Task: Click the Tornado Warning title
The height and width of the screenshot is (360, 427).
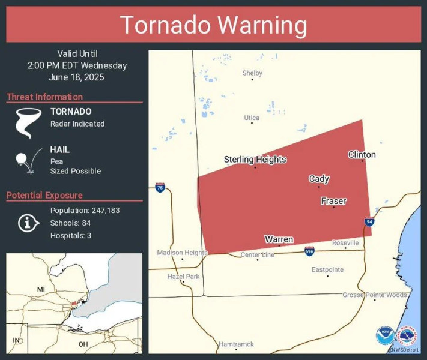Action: coord(213,25)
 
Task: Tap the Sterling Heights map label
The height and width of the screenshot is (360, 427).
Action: coord(255,160)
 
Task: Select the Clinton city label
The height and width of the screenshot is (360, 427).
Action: coord(362,155)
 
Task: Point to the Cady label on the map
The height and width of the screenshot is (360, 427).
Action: coord(318,179)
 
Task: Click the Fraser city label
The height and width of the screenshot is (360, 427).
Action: coord(333,201)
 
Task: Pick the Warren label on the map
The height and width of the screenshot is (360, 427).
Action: coord(279,239)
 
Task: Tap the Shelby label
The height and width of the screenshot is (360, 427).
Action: coord(252,73)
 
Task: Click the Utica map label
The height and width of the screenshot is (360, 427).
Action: coord(252,118)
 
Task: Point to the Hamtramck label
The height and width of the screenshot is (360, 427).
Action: coord(236,344)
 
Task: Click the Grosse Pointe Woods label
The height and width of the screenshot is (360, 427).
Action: coord(375,295)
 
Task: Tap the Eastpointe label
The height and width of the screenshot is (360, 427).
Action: coord(327,270)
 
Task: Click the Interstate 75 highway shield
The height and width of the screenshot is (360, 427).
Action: coord(159,187)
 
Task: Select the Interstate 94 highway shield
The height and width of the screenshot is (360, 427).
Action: coord(369,221)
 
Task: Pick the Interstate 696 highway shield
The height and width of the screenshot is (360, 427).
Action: coord(309,250)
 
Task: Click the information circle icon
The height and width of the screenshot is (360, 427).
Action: coord(27,223)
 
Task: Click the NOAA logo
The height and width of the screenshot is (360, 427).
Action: coord(384,336)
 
